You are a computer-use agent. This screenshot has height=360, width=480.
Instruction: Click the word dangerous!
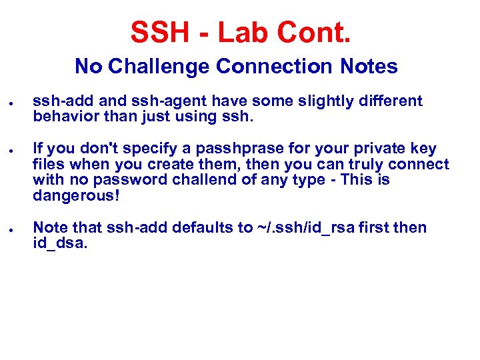pyautogui.click(x=75, y=196)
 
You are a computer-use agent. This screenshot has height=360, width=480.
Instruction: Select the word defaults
pyautogui.click(x=204, y=227)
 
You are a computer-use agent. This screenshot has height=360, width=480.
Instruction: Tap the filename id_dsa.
pyautogui.click(x=60, y=243)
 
